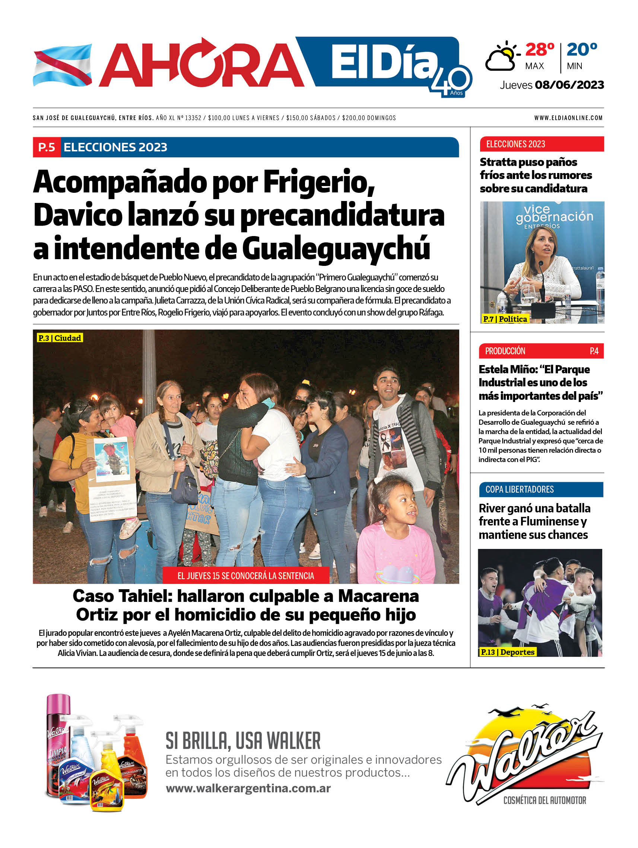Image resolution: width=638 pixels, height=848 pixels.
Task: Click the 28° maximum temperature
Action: [x=539, y=50]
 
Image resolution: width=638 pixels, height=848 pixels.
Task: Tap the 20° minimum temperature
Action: [x=581, y=50]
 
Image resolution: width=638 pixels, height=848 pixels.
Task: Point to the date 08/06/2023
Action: [x=569, y=85]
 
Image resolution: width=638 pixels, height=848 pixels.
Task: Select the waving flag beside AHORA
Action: [x=63, y=65]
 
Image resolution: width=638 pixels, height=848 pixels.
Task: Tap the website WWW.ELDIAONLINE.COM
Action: [x=568, y=118]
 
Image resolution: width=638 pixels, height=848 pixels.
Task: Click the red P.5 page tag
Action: [x=47, y=147]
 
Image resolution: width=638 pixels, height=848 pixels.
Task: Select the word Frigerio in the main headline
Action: [x=317, y=182]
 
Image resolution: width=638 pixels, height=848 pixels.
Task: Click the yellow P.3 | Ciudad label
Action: [x=60, y=338]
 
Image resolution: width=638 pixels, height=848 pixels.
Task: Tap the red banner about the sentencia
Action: [x=245, y=575]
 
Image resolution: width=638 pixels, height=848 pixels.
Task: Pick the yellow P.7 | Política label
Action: [x=505, y=319]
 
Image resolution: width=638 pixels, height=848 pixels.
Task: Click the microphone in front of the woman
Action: [x=541, y=268]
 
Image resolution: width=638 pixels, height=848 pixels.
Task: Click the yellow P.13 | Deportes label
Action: [x=507, y=652]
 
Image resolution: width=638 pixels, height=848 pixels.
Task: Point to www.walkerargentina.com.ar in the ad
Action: [x=248, y=788]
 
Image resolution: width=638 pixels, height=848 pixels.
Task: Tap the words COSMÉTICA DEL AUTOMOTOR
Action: [x=544, y=800]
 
